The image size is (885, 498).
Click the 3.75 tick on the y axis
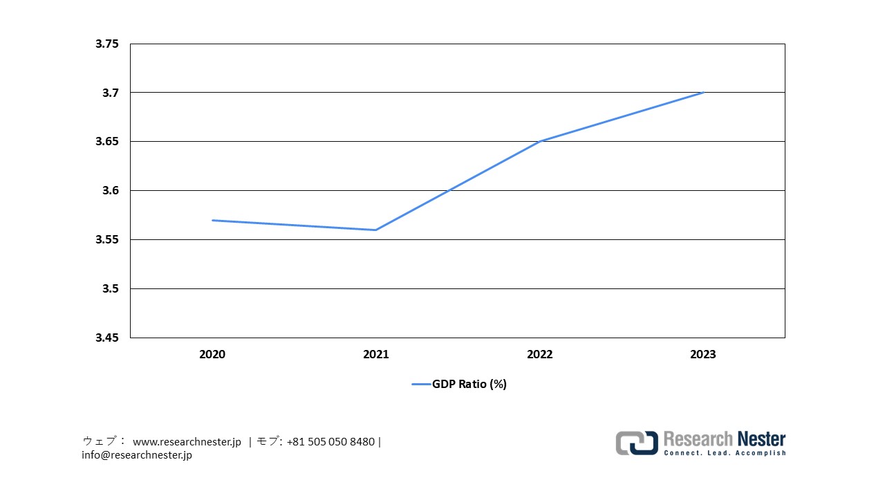107,44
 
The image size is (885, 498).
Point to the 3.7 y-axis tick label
111,93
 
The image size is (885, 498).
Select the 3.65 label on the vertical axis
107,142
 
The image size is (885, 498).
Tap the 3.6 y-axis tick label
111,190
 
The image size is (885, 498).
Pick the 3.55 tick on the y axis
107,239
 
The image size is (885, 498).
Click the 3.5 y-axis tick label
111,288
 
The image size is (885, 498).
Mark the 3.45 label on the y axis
107,338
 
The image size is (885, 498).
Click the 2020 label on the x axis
212,354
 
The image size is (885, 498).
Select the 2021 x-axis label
376,354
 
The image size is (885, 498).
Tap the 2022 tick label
540,354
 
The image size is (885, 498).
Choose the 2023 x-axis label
703,354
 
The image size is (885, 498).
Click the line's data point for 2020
212,220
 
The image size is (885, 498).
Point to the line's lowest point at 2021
376,230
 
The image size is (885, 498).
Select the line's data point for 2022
540,141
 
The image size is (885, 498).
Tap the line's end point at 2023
703,93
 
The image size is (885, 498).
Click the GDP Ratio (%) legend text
469,384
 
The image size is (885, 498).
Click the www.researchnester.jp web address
187,441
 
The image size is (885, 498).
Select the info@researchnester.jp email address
137,455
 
